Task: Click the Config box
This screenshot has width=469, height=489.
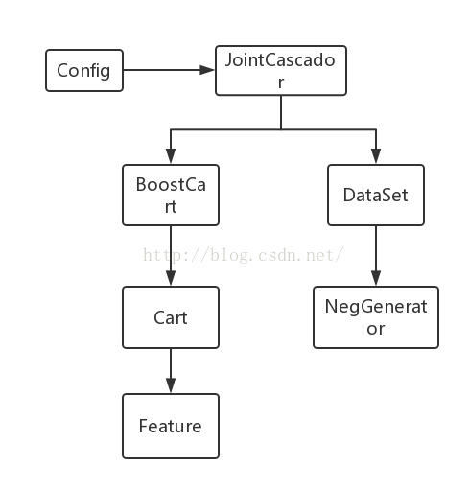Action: click(x=84, y=70)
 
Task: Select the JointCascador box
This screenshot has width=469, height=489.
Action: click(x=281, y=70)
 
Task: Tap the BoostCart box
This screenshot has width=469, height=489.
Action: click(x=171, y=195)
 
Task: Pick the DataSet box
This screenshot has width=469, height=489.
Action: click(x=376, y=195)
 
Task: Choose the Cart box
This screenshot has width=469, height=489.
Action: click(x=171, y=317)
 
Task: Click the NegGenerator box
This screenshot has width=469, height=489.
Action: click(x=376, y=317)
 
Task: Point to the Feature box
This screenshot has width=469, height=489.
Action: click(x=171, y=427)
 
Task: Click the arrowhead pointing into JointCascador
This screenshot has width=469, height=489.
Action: click(x=207, y=70)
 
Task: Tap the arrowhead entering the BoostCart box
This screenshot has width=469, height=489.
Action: click(x=171, y=156)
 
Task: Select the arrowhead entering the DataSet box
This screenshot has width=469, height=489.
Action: click(x=376, y=156)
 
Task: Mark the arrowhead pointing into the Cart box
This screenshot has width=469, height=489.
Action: click(x=171, y=278)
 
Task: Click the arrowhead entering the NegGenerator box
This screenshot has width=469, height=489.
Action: click(x=376, y=278)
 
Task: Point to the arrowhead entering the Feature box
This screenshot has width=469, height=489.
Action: click(x=171, y=385)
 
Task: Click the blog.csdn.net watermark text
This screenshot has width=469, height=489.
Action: click(x=243, y=255)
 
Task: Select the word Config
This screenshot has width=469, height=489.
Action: click(x=83, y=71)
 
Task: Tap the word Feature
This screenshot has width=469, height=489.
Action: click(x=171, y=426)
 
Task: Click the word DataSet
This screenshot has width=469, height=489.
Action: click(x=376, y=195)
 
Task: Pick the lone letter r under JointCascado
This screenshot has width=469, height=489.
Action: click(x=281, y=82)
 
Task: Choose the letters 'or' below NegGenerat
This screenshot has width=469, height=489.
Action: click(x=376, y=329)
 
